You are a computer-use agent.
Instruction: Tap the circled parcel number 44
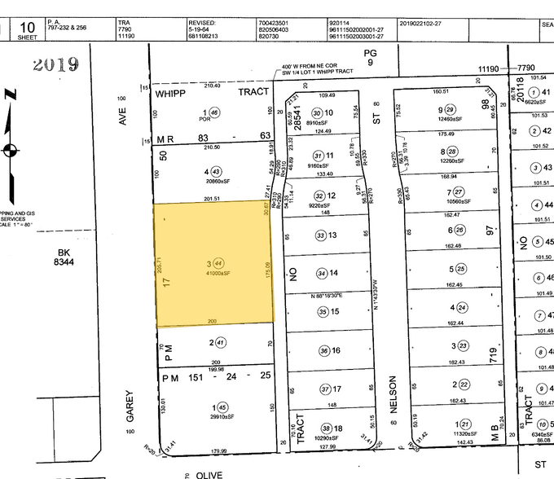click(x=218, y=262)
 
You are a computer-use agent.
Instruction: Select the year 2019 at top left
click(x=55, y=64)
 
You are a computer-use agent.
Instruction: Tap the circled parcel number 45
click(x=218, y=406)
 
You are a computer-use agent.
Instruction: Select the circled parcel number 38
click(x=326, y=427)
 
